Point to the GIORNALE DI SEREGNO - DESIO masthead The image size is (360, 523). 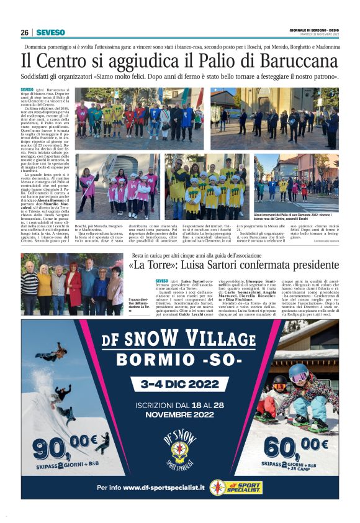tap(313, 31)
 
